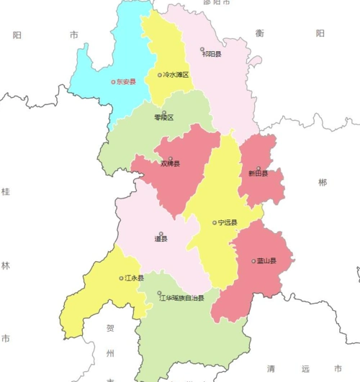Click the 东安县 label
126,82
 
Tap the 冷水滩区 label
176,75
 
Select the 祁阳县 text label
212,54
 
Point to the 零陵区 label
164,118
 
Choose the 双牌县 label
171,164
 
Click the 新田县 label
258,173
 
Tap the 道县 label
161,239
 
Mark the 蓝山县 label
267,261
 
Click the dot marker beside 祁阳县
202,50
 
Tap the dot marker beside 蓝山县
253,261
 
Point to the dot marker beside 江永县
121,278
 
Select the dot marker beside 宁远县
215,222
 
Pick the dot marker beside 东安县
113,82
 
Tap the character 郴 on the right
322,183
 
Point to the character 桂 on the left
6,191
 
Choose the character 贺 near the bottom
110,329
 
